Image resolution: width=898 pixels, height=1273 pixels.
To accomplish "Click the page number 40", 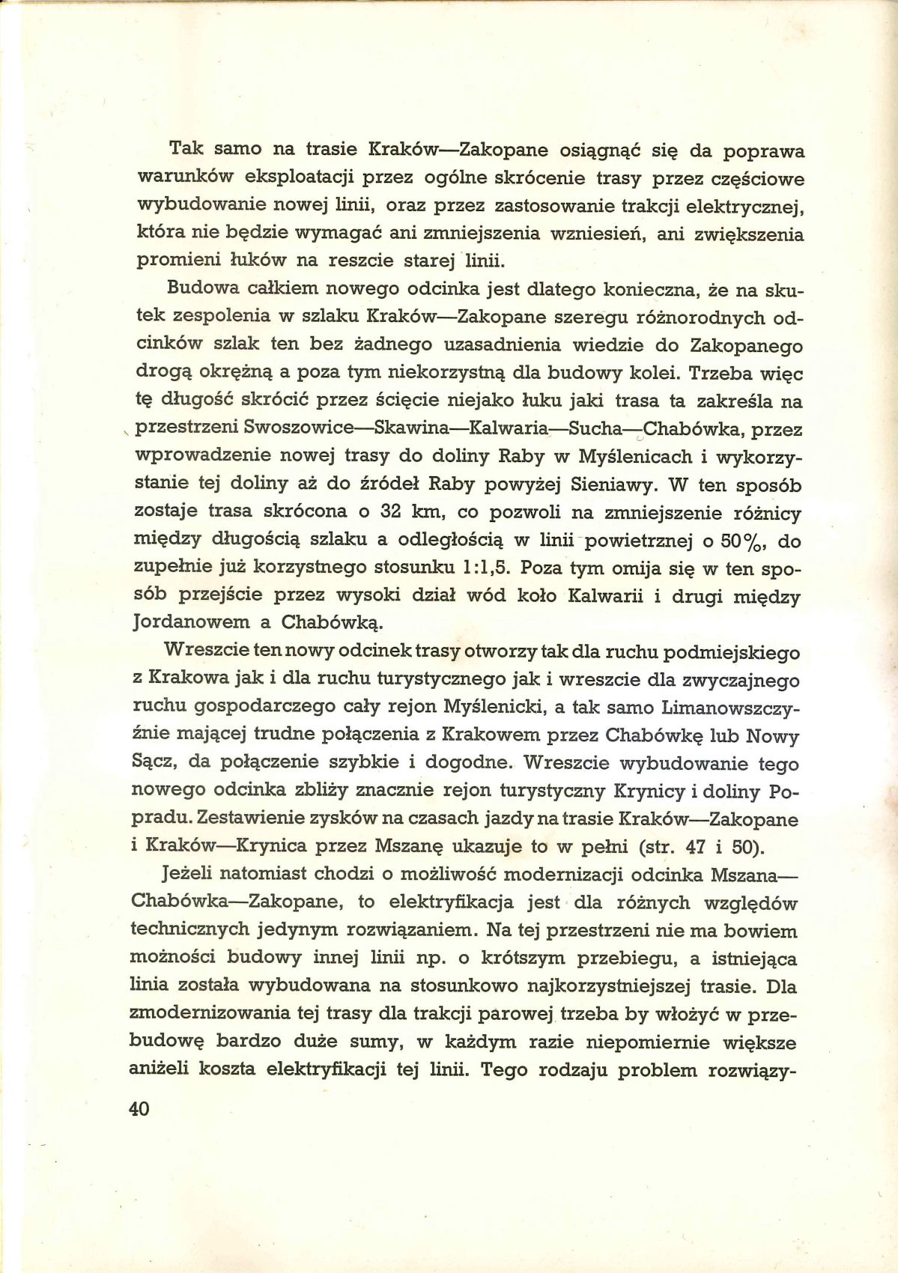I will pos(140,1109).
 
